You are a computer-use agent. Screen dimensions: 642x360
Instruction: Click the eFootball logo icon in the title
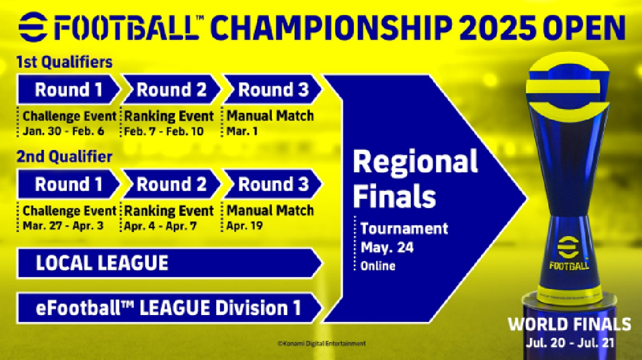pos(33,27)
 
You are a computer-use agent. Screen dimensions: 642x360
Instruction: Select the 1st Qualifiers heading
pos(64,62)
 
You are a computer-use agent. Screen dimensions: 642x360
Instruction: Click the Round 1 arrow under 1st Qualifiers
pos(69,89)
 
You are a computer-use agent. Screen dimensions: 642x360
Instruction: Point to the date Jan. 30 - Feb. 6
pos(64,132)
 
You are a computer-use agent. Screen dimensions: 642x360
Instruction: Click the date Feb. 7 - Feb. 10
pos(164,132)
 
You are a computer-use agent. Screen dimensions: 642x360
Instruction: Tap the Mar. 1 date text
pos(242,132)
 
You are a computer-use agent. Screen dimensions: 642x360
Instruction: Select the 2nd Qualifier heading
pos(64,156)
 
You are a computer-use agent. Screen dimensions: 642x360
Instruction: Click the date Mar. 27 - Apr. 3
pos(63,226)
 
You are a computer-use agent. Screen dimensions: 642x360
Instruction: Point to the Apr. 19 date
pos(245,226)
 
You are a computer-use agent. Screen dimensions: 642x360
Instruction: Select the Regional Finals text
pos(415,179)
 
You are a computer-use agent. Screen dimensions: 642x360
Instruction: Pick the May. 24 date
pos(387,247)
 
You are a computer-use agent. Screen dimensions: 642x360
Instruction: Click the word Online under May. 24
pos(378,266)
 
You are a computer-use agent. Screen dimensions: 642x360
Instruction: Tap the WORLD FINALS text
pos(569,325)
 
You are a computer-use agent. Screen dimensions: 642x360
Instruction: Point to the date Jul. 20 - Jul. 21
pos(570,343)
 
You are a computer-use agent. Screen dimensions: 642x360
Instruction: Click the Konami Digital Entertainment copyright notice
pos(322,344)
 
